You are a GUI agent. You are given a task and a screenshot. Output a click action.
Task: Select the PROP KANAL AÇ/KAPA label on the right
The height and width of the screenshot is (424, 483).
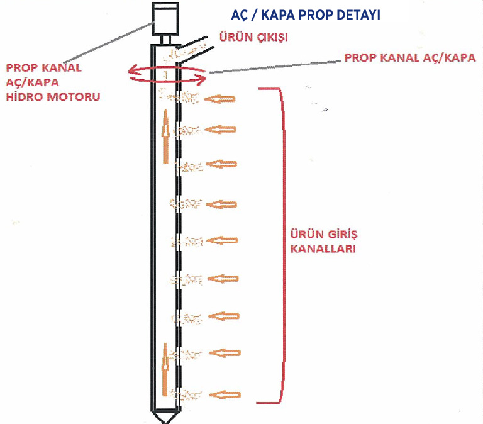409,57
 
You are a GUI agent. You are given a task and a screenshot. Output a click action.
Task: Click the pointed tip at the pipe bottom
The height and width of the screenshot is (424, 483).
165,417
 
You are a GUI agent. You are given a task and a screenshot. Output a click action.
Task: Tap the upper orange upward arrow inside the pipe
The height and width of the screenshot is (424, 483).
165,136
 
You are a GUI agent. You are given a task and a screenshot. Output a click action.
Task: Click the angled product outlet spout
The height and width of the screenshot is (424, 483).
192,45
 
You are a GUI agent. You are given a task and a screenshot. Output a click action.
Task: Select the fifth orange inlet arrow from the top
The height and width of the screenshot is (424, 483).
221,240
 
